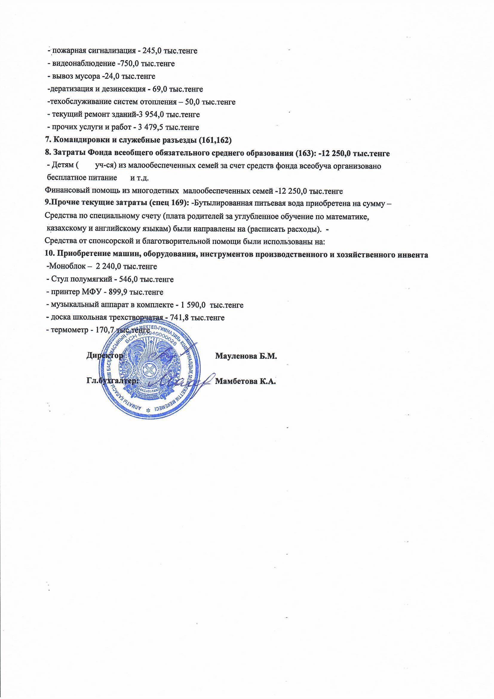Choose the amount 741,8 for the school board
pyautogui.click(x=182, y=318)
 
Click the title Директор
pyautogui.click(x=105, y=355)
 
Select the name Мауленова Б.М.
pyautogui.click(x=246, y=356)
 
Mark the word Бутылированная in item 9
pyautogui.click(x=220, y=204)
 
